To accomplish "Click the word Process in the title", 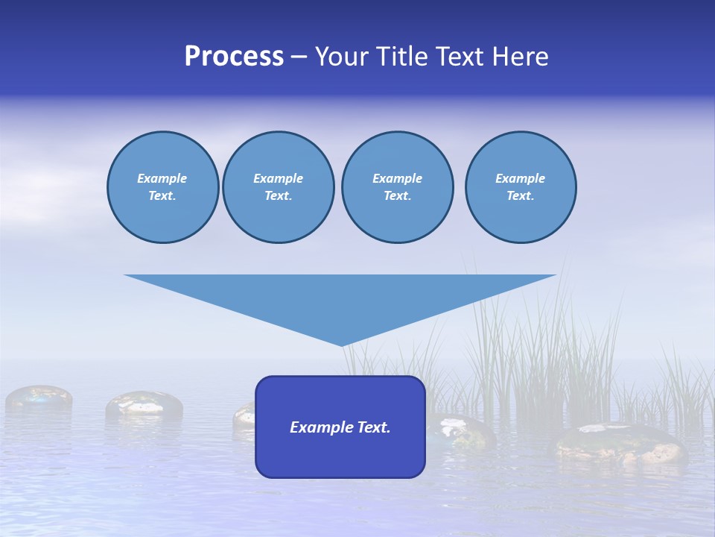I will point(234,57).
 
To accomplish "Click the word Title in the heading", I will point(399,57).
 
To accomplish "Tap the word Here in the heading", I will point(519,57).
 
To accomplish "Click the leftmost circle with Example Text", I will point(162,187).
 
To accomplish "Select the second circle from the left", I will point(278,187).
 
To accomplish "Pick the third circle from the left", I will point(397,187).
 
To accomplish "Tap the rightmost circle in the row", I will point(520,187).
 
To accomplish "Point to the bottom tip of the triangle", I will point(342,344).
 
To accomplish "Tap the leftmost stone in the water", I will point(39,398).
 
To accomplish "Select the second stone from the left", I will point(144,405).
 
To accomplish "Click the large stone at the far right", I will point(618,444).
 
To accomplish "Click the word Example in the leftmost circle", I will point(162,178).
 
